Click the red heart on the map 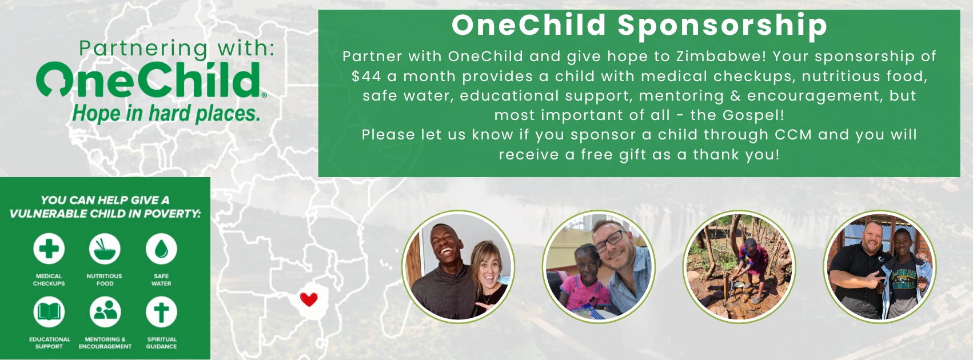tap(309, 299)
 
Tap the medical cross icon tap(49, 249)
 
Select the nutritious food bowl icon tap(105, 249)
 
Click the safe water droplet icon tap(161, 249)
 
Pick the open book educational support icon tap(49, 312)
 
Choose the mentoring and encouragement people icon tap(105, 312)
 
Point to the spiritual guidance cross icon tap(161, 312)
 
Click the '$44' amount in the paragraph tap(366, 76)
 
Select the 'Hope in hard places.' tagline tap(166, 113)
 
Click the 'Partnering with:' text tap(177, 48)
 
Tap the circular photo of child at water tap tap(739, 267)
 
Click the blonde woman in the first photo tap(489, 278)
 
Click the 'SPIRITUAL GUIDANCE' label tap(161, 343)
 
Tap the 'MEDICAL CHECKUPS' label tap(49, 279)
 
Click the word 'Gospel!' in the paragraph tap(753, 115)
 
